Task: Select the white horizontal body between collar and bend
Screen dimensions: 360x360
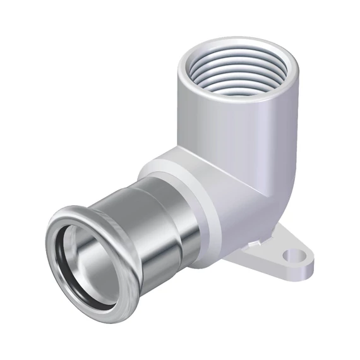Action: [227, 189]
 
